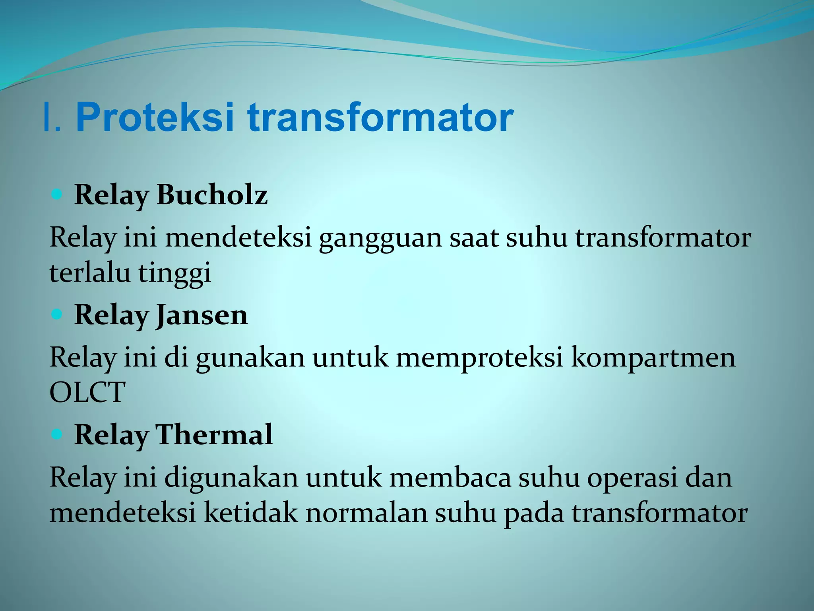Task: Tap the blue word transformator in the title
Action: click(x=380, y=118)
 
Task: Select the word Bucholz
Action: click(x=212, y=195)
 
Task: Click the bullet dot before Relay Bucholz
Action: click(x=57, y=195)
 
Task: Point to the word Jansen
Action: click(x=202, y=315)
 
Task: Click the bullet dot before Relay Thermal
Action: click(x=57, y=434)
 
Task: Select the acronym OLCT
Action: click(x=87, y=392)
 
